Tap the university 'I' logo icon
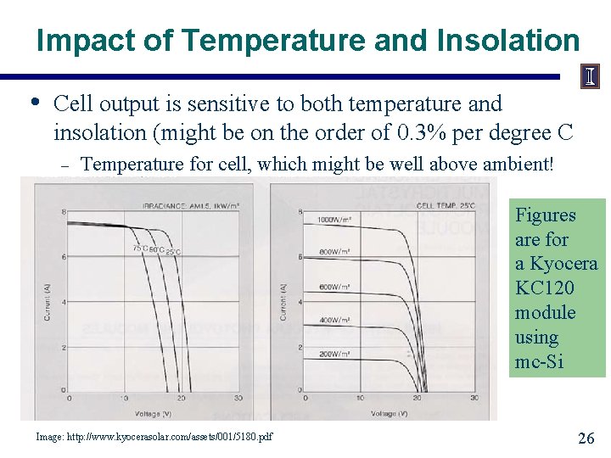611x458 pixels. [x=590, y=77]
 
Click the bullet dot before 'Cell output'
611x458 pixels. [x=34, y=103]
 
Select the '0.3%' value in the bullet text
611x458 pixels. [x=420, y=133]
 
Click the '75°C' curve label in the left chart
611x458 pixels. [x=139, y=249]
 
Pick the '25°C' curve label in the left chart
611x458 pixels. [x=172, y=252]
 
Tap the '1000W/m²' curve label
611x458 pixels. [x=334, y=219]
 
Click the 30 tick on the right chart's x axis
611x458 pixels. [x=474, y=397]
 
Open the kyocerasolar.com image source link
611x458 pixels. [x=154, y=437]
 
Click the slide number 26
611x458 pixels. [x=585, y=438]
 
